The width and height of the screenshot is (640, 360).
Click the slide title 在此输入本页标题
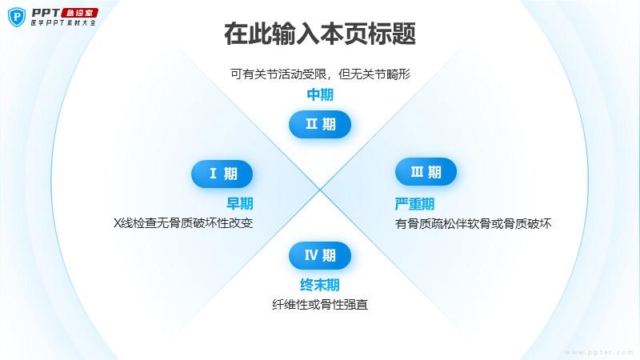coord(320,34)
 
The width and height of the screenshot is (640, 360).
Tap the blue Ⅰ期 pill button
coord(222,174)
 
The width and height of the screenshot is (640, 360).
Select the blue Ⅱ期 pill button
coord(320,124)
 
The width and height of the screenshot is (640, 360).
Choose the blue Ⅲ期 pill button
coord(426,172)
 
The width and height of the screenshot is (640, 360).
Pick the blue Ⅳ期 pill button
coord(320,255)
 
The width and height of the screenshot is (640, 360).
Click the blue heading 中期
coord(320,94)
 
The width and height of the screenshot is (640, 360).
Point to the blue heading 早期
coord(239,203)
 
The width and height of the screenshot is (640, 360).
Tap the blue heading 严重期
coord(414,204)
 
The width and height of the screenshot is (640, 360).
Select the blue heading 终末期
coord(320,285)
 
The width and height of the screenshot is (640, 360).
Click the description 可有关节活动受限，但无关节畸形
coord(321,74)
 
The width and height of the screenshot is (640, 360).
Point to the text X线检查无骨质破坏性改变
coord(183,223)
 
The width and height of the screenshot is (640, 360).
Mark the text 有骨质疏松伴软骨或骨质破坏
coord(473,224)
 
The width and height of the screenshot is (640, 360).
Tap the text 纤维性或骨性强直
coord(320,305)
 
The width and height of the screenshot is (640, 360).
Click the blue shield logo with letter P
coord(17,17)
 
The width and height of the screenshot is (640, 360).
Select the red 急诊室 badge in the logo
coord(80,13)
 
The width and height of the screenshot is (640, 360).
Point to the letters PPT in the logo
coord(46,13)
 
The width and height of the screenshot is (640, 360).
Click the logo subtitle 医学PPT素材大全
coord(63,23)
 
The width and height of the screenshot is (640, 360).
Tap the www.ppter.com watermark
coord(599,352)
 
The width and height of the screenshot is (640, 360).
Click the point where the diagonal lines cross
coord(320,190)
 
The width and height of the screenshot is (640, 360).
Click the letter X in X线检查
coord(118,223)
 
